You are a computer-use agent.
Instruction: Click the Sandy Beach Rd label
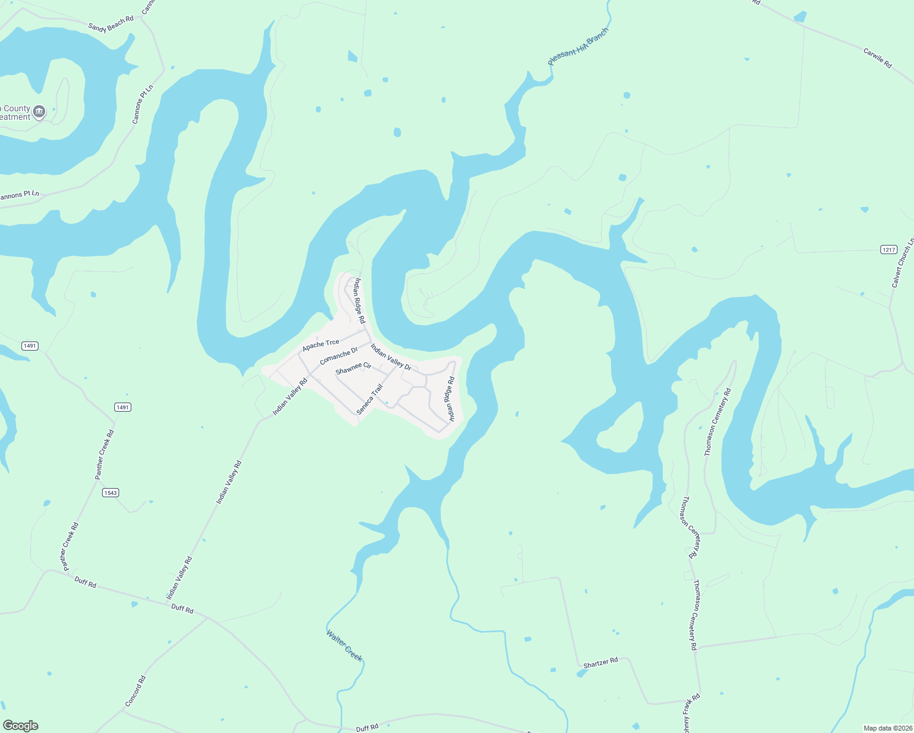click(x=111, y=24)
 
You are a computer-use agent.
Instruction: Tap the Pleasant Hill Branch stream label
click(x=578, y=46)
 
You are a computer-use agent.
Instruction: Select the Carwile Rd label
click(x=877, y=57)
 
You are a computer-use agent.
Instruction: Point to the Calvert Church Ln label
click(x=902, y=263)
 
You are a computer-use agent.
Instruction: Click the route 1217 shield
click(x=888, y=249)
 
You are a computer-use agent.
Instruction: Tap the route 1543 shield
click(x=110, y=493)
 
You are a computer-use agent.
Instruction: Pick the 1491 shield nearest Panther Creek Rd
click(x=123, y=407)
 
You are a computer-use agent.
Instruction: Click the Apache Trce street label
click(x=321, y=345)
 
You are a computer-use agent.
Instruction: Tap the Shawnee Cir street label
click(x=353, y=368)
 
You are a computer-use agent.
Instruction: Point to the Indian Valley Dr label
click(x=390, y=358)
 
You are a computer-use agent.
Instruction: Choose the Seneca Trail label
click(x=370, y=399)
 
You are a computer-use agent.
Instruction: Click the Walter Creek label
click(x=345, y=646)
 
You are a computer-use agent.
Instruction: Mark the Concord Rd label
click(x=136, y=691)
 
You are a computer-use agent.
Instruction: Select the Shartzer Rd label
click(x=601, y=663)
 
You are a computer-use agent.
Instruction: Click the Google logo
click(x=21, y=726)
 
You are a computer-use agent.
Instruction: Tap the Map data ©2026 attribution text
click(x=887, y=728)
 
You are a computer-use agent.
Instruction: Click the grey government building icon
click(x=40, y=112)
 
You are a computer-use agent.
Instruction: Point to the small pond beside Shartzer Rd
click(x=582, y=673)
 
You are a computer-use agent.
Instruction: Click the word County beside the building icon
click(x=16, y=108)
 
